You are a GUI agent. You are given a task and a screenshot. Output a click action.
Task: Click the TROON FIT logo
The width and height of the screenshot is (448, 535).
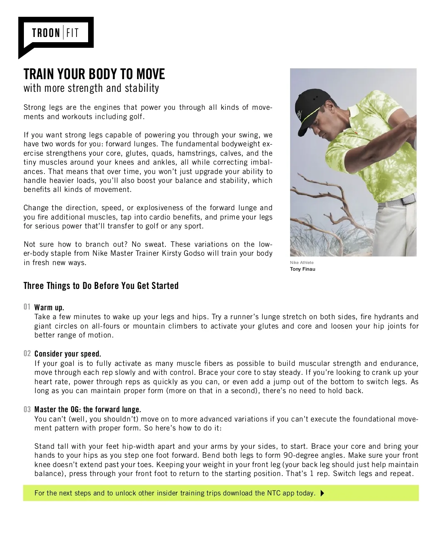pos(55,33)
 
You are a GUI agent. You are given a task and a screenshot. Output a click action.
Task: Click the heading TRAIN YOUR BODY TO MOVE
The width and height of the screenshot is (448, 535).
pos(94,74)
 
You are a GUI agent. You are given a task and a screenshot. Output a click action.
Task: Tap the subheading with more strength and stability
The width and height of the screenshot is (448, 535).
pos(91,88)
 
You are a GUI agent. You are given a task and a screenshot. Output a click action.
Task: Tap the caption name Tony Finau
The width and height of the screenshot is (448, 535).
pos(302,269)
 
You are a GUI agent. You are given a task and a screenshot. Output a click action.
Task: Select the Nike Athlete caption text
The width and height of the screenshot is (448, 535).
pos(302,262)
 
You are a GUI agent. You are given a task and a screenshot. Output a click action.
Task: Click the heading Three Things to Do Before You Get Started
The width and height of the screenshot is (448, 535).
pos(101,286)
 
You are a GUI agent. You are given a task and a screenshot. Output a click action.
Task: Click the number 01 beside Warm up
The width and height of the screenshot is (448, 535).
pos(27,307)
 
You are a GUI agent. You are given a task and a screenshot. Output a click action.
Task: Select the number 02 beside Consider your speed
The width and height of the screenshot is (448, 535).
pos(27,354)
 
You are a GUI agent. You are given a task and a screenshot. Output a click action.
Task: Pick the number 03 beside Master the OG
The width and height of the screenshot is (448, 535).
pos(27,409)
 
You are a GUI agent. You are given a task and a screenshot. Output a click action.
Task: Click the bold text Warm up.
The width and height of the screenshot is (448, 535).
pos(49,308)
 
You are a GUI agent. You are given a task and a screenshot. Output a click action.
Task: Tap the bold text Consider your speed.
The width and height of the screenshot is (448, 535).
pos(68,354)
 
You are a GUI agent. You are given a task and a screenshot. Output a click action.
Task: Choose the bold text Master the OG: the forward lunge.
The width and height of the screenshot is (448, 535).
pos(88,410)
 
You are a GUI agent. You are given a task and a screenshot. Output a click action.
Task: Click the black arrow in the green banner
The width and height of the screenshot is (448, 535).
pos(323,493)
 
